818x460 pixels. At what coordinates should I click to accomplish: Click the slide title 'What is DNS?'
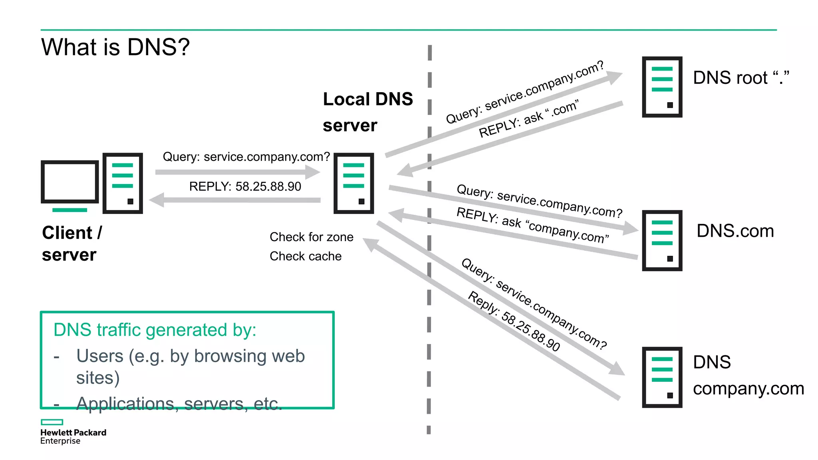[115, 47]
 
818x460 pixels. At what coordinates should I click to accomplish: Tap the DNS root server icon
[662, 87]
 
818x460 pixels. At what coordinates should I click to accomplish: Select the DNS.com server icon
[662, 240]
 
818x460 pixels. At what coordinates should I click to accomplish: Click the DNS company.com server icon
[662, 377]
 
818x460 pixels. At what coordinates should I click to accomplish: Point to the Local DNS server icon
[353, 183]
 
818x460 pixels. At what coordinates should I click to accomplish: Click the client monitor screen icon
[70, 182]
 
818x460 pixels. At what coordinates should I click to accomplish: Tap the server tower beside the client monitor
[123, 183]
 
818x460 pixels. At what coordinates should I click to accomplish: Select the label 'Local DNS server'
[367, 112]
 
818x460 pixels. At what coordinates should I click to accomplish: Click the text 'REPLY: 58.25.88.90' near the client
[245, 186]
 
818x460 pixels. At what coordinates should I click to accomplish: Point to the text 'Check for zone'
[311, 237]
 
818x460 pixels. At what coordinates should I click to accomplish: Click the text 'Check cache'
[306, 256]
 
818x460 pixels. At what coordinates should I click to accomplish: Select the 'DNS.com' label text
[735, 231]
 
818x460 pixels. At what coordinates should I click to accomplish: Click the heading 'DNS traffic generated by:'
[155, 330]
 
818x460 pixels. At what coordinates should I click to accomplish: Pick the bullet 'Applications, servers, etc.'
[179, 403]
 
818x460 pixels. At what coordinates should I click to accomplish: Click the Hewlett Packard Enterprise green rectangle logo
[52, 422]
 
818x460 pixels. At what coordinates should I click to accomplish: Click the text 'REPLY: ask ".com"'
[528, 119]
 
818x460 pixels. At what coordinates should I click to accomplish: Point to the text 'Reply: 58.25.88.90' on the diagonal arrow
[514, 321]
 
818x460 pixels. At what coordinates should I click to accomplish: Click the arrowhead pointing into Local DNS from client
[313, 172]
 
